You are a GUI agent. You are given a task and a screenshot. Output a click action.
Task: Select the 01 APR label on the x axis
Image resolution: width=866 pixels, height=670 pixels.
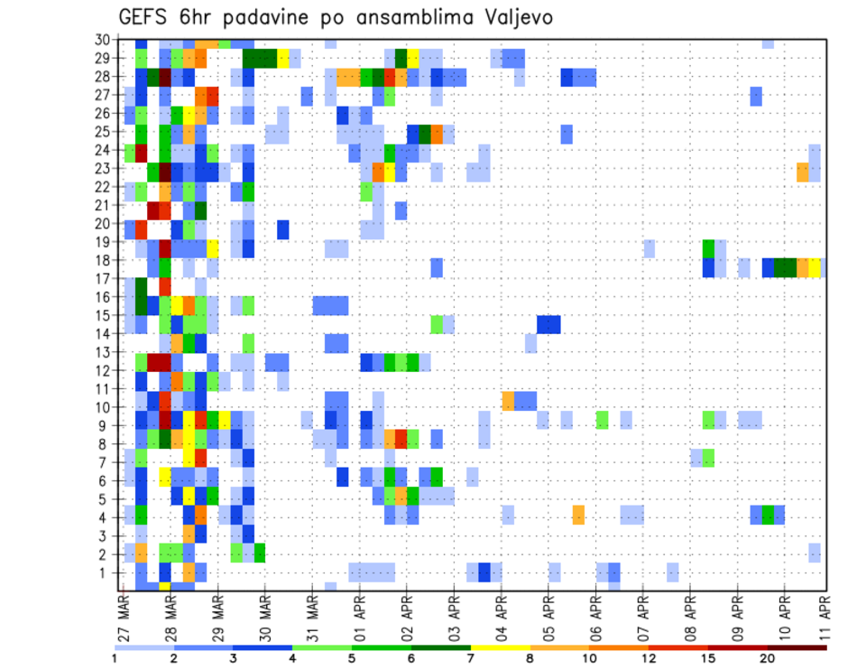[x=357, y=618]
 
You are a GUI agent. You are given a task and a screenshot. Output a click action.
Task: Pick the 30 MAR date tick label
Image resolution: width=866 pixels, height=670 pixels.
[x=263, y=618]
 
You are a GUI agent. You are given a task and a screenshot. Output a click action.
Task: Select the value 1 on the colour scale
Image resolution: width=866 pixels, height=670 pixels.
[x=115, y=658]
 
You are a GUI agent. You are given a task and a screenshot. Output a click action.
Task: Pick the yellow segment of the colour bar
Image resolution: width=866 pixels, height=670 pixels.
[x=501, y=647]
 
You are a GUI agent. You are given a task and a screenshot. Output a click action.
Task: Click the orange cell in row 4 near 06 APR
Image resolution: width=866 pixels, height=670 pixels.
[x=578, y=515]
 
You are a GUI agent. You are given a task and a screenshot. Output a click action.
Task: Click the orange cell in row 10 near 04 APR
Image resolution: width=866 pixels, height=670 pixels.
[x=508, y=399]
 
